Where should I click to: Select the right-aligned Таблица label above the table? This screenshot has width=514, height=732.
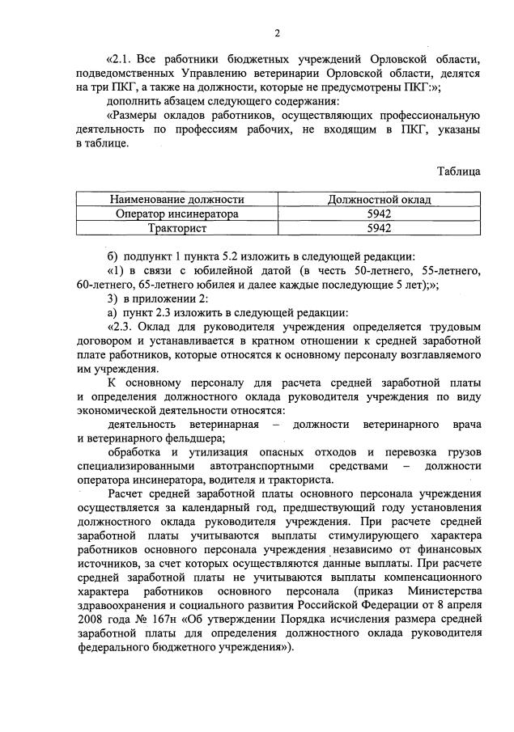click(x=458, y=171)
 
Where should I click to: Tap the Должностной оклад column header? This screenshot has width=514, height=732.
click(x=379, y=199)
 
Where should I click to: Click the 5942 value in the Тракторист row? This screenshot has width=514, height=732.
click(x=379, y=228)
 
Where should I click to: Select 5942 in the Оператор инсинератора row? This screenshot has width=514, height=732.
click(x=379, y=214)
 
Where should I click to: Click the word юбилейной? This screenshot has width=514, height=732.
click(x=214, y=269)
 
